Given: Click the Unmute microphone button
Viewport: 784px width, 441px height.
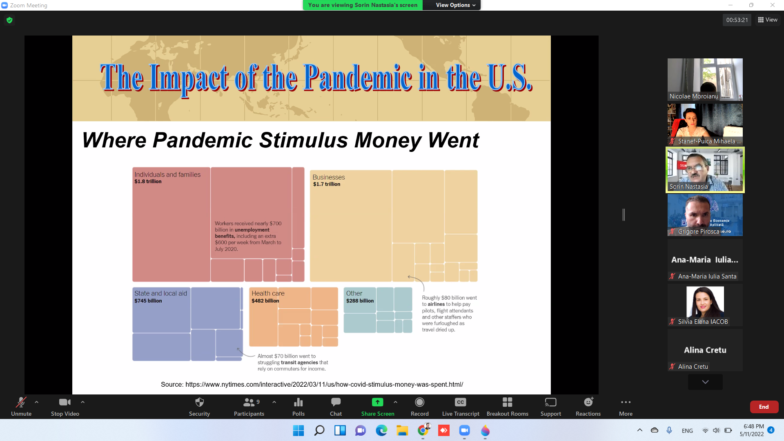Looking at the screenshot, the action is [21, 407].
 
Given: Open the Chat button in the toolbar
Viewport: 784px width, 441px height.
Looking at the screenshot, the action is [336, 407].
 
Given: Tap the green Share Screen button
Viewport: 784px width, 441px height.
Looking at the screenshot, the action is [378, 407].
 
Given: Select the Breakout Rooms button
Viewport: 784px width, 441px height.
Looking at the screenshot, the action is [507, 407].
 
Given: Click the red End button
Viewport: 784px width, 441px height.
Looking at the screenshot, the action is [764, 407].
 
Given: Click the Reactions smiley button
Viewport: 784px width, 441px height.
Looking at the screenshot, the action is [588, 407].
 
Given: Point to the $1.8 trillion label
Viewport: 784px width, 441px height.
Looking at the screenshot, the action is [148, 182].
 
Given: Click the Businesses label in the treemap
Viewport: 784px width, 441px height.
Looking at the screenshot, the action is [329, 177].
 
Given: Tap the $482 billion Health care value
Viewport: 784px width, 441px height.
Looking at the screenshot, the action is [265, 301].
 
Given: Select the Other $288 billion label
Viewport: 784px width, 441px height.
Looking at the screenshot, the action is [360, 297].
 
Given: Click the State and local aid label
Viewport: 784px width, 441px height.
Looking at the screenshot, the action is [160, 293].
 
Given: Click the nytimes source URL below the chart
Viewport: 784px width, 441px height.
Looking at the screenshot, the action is [324, 385].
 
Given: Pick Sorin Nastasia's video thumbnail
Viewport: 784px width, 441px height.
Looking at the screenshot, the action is [705, 169].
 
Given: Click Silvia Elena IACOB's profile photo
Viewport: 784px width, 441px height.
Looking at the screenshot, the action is [705, 302].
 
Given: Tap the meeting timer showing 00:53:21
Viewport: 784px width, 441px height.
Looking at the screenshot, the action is [737, 20].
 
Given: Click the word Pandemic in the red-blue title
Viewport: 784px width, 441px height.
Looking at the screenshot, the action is [358, 78].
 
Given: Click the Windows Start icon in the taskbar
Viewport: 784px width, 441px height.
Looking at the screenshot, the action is [298, 430].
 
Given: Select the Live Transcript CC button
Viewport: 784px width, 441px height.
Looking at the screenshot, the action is [461, 407].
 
